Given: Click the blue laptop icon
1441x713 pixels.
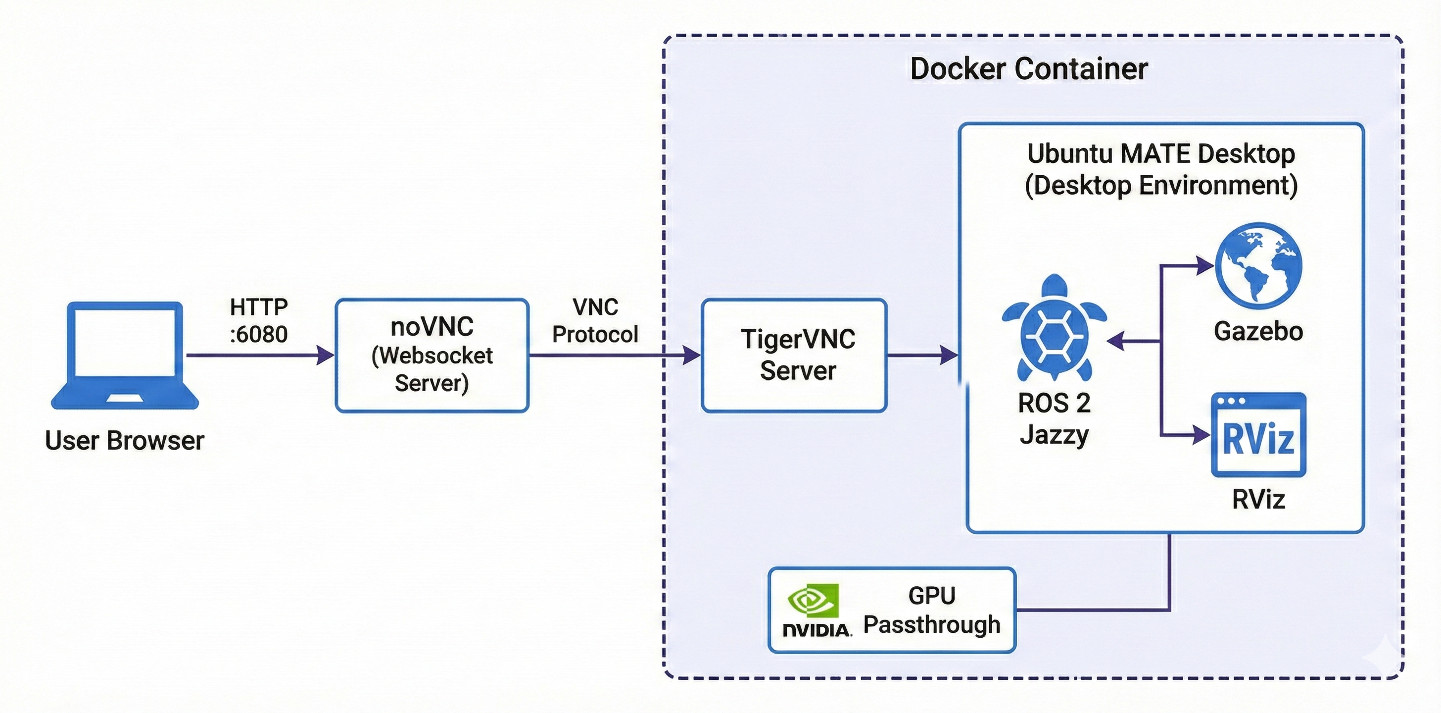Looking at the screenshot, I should tap(125, 355).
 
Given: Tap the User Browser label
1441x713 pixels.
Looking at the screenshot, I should tap(125, 441).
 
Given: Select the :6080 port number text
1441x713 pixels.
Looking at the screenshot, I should tap(258, 335).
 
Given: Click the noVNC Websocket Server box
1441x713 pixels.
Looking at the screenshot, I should tap(432, 356).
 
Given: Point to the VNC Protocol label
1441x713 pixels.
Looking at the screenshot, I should tap(595, 321).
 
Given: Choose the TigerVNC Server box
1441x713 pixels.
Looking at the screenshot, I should tap(794, 356).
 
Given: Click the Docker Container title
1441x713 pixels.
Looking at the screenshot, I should tap(1028, 69).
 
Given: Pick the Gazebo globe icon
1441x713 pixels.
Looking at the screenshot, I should tap(1258, 266).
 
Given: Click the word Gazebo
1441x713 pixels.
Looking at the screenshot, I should tap(1258, 331).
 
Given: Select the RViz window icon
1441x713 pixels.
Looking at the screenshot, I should tap(1258, 435).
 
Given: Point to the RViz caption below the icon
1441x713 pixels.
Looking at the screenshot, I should tap(1258, 499).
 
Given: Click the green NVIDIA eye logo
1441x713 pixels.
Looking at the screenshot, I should tap(814, 600).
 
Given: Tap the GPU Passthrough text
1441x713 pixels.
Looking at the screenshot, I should tap(931, 611).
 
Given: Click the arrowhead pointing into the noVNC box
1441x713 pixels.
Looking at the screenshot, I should tap(325, 355).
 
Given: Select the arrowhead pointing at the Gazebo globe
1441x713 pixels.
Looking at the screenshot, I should tap(1204, 265).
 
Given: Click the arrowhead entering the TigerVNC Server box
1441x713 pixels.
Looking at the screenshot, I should tap(691, 355).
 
